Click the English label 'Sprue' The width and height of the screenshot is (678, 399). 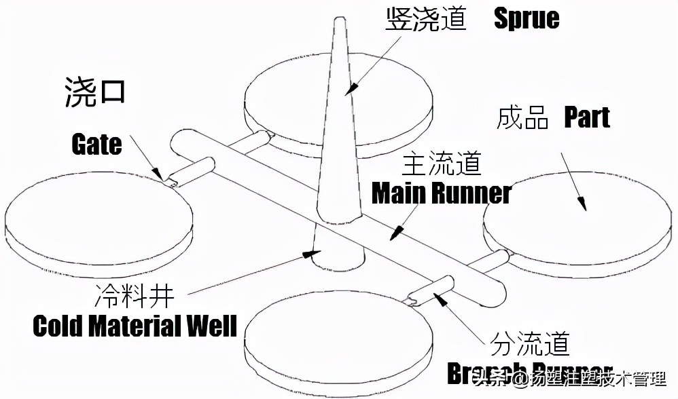(527, 18)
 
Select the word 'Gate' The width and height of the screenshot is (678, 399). (96, 144)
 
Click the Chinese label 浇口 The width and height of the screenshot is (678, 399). (95, 90)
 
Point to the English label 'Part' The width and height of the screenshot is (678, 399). (587, 118)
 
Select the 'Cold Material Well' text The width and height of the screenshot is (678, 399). (135, 326)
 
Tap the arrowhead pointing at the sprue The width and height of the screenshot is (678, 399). (351, 88)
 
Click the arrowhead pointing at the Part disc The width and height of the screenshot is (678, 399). (582, 203)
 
